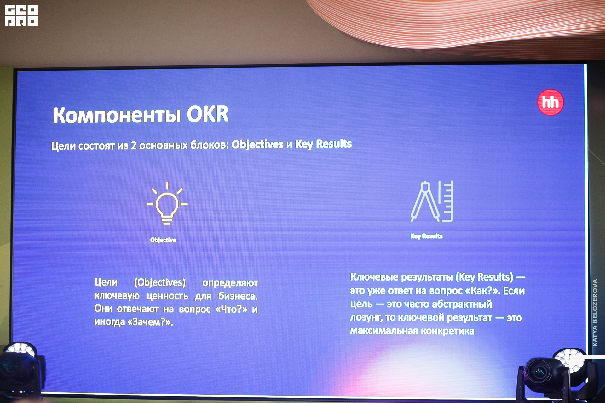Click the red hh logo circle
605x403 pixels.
(x=550, y=102)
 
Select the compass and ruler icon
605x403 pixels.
(x=432, y=201)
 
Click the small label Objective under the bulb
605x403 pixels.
(x=163, y=240)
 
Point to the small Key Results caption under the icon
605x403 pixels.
(x=426, y=236)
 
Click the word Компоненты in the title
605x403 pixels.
(x=117, y=115)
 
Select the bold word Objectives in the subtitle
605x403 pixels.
(x=257, y=145)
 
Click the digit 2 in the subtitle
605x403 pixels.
(x=134, y=145)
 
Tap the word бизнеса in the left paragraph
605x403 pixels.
(x=238, y=296)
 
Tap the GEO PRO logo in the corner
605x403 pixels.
(x=21, y=16)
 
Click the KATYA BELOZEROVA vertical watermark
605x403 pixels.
(x=595, y=313)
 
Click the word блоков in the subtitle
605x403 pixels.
(x=210, y=145)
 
